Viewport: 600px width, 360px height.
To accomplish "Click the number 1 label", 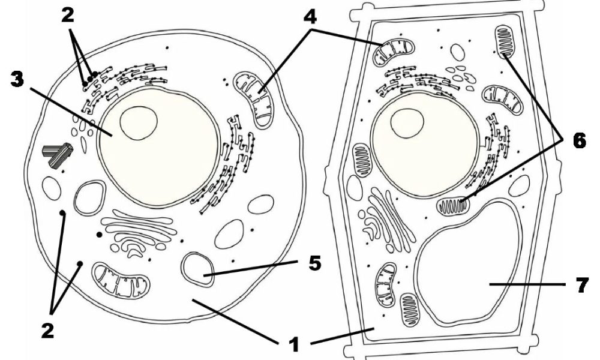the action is point(294,344).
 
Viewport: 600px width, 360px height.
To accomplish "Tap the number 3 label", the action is point(17,80).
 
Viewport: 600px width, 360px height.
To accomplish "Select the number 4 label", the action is point(310,17).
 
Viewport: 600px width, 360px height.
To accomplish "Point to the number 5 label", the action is point(314,263).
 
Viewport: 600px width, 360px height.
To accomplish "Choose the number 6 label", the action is point(579,140).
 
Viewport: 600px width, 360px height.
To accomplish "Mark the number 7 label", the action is point(581,285).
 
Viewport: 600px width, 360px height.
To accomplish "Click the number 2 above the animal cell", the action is point(67,16).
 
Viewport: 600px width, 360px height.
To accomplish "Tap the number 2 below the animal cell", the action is point(48,331).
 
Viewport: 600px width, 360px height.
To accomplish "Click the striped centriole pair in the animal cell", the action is point(58,154).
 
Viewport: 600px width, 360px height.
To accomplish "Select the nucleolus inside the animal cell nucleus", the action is point(139,123).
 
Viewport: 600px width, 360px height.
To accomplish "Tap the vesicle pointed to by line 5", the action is point(197,269).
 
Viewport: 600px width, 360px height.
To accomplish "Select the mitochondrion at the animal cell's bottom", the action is point(122,280).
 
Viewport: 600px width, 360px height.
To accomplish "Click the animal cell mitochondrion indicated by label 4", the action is point(253,99).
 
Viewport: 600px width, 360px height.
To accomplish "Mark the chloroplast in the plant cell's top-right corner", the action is point(505,42).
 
